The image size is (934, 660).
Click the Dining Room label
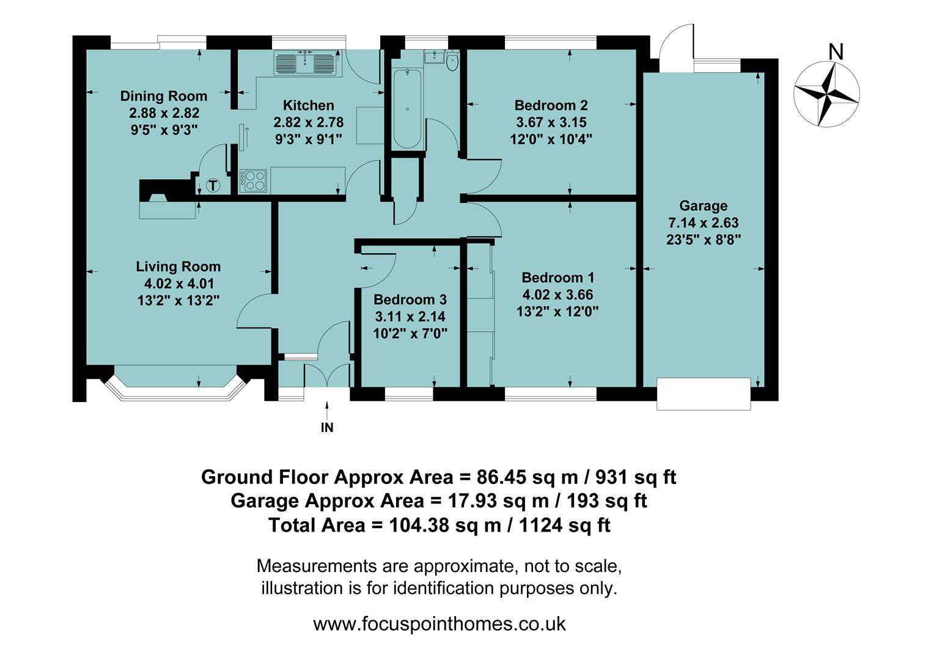pyautogui.click(x=163, y=96)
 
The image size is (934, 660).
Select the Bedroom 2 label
pyautogui.click(x=551, y=105)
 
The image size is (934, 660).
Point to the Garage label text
pyautogui.click(x=703, y=206)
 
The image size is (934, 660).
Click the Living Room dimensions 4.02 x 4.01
pyautogui.click(x=178, y=284)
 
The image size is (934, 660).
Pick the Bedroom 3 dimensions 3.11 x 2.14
pyautogui.click(x=410, y=317)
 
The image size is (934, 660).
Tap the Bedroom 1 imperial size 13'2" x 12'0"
pyautogui.click(x=557, y=312)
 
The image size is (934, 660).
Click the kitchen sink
pyautogui.click(x=306, y=63)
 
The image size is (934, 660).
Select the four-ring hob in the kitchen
pyautogui.click(x=254, y=180)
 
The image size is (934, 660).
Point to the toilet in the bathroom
pyautogui.click(x=452, y=61)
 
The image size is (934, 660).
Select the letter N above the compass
pyautogui.click(x=835, y=53)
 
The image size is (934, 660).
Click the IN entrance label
pyautogui.click(x=327, y=428)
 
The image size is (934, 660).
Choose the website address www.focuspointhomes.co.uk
pyautogui.click(x=439, y=624)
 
